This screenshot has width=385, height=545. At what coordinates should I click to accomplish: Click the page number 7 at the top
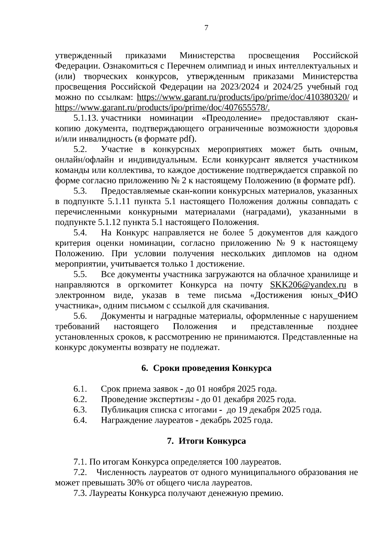click(206, 28)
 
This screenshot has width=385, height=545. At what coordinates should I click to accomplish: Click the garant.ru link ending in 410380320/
click(243, 97)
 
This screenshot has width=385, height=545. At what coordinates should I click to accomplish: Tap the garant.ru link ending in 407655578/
click(162, 108)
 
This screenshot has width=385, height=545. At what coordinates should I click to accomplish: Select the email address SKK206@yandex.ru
click(308, 285)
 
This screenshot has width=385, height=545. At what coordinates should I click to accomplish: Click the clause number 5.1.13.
click(85, 118)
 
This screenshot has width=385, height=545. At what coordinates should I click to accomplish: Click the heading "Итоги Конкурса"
click(212, 441)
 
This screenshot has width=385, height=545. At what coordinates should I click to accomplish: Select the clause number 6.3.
click(80, 410)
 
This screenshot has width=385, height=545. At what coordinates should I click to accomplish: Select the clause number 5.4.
click(80, 233)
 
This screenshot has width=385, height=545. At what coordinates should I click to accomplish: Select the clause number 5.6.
click(80, 316)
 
